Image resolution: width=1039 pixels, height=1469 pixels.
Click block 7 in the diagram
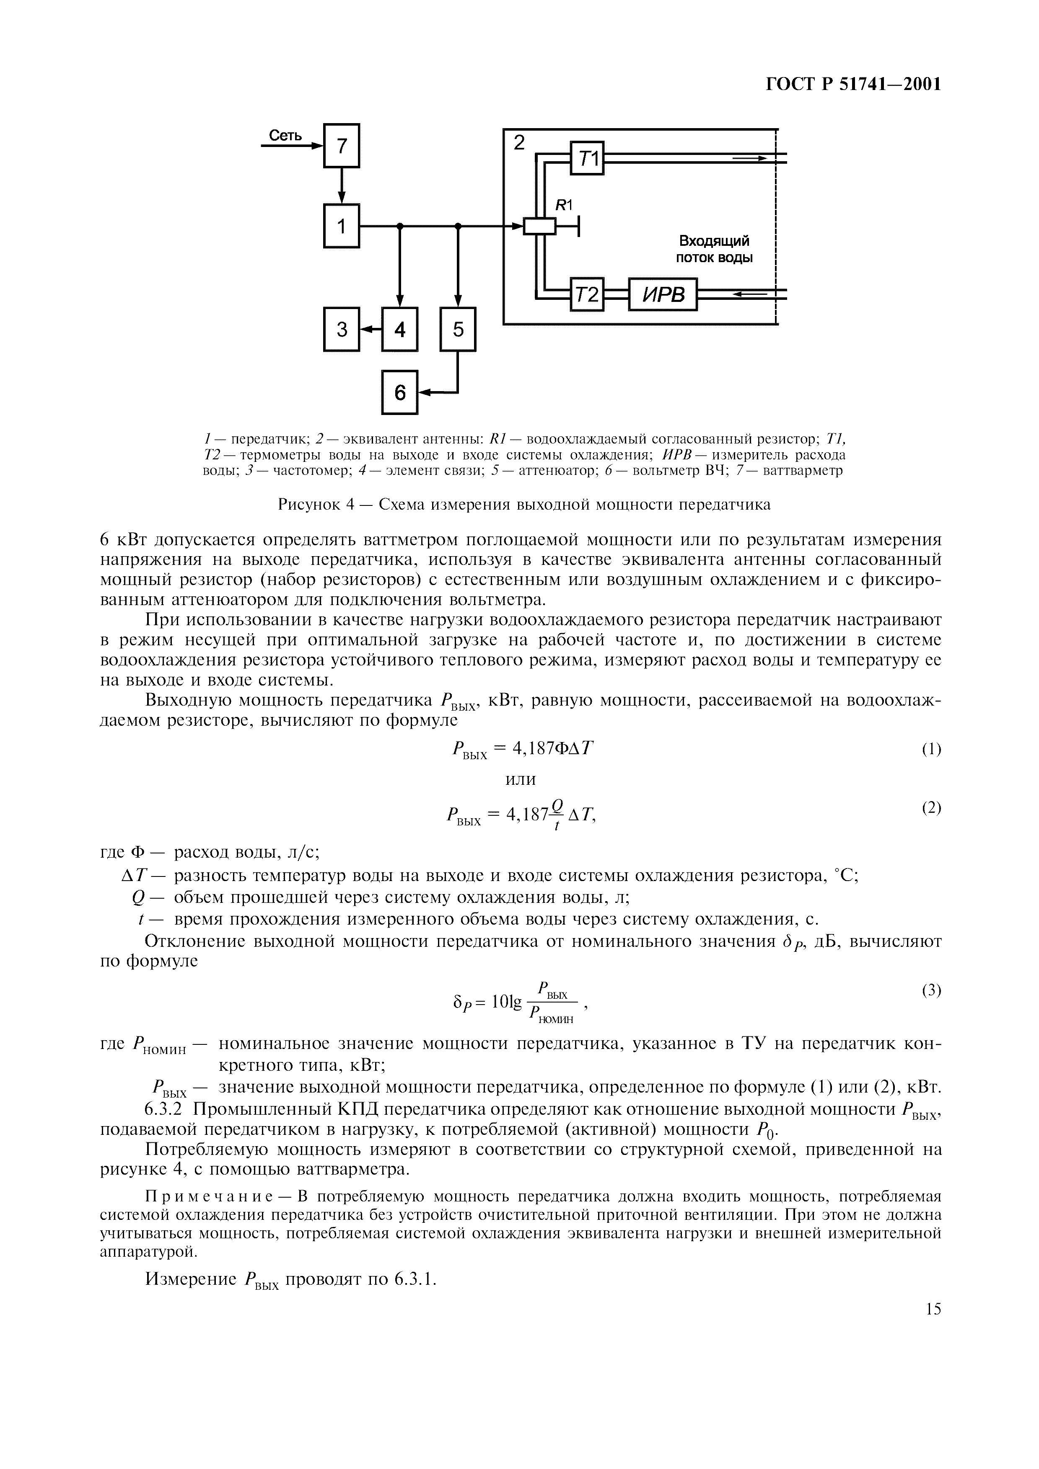342,146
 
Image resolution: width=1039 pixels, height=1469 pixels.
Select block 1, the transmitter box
342,225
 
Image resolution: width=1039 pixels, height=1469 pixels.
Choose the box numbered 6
399,392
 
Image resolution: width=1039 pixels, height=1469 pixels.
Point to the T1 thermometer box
587,157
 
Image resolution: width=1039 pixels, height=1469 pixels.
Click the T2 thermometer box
587,294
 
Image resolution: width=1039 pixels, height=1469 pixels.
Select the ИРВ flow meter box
663,294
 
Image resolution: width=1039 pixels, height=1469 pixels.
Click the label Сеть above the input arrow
285,136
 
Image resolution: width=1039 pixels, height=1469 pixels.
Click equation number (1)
931,749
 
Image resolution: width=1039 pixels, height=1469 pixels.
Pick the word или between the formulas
521,780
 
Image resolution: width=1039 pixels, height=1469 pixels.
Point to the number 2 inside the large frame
519,143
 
